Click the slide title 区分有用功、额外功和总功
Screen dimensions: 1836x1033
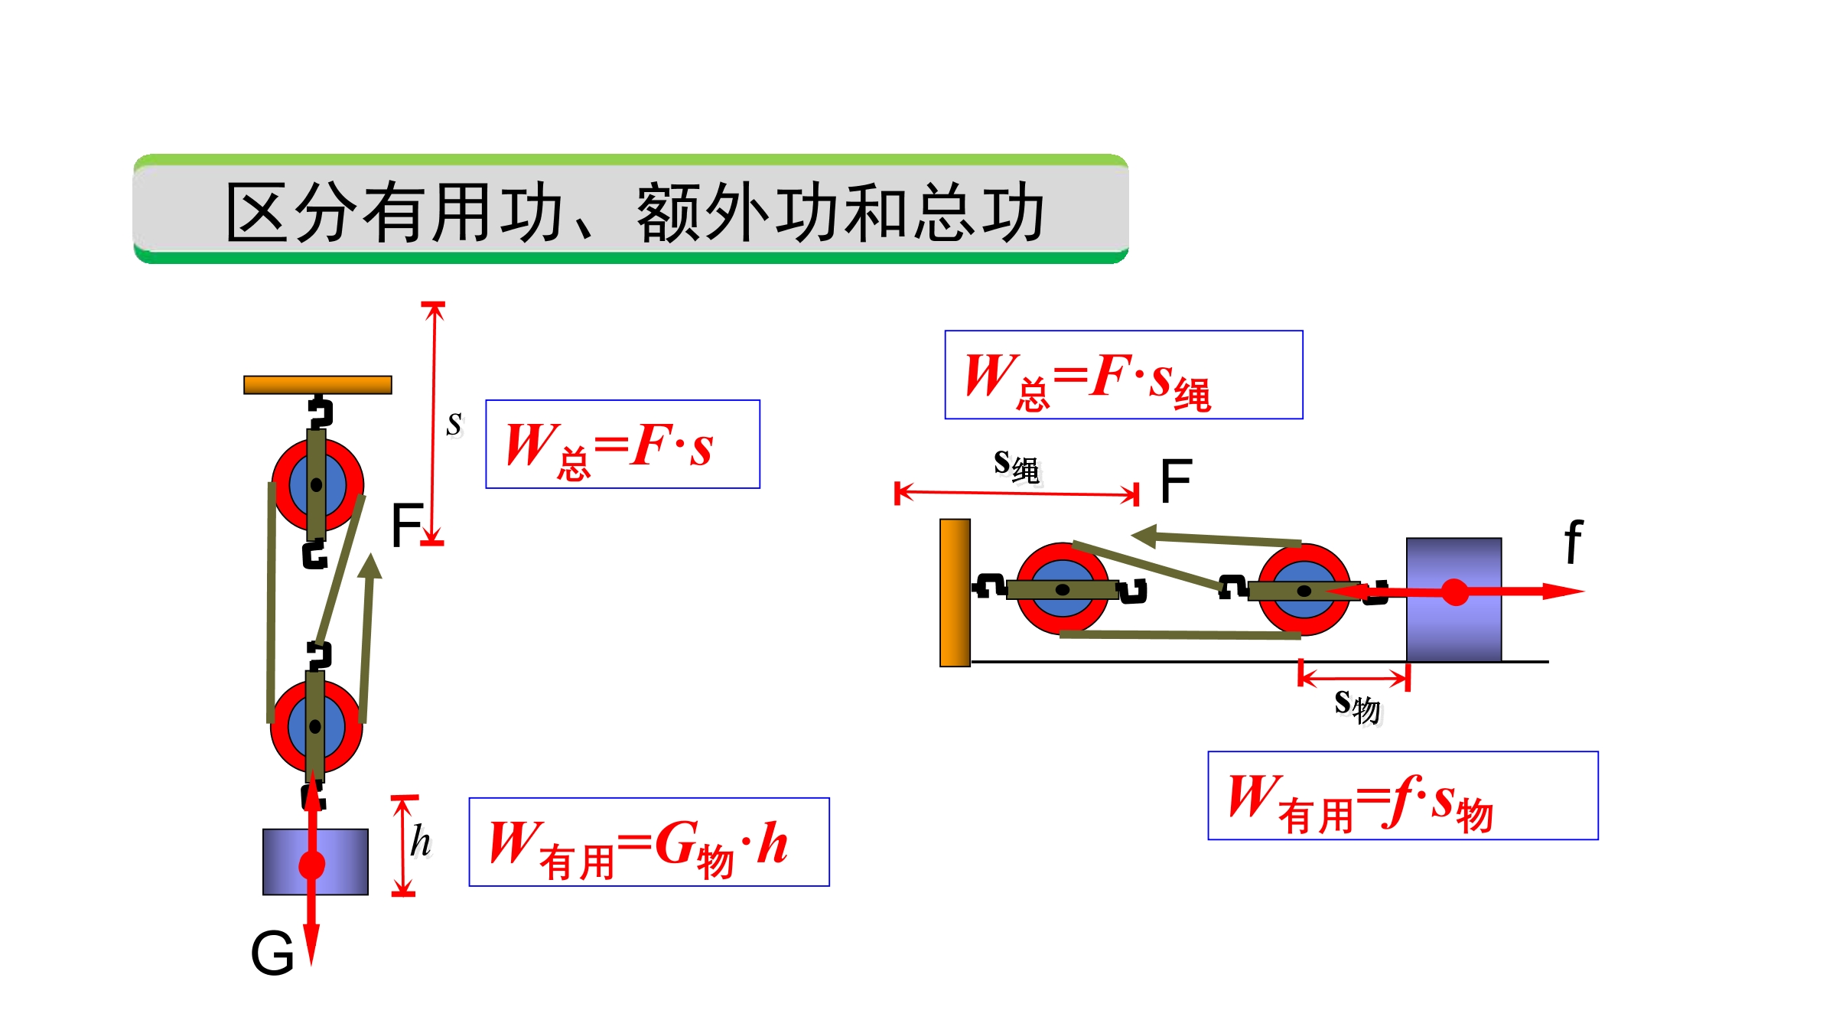pos(635,212)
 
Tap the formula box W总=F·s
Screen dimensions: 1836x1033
pos(623,444)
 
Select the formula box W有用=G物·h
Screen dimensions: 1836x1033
pos(649,842)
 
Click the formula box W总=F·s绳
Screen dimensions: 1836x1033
pos(1124,375)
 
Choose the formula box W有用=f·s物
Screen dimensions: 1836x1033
pos(1403,796)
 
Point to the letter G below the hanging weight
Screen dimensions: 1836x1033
pos(272,953)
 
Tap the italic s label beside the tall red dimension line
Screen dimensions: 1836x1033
pos(454,423)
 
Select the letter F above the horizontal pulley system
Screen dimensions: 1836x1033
pos(1176,481)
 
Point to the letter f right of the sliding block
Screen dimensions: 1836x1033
pos(1573,541)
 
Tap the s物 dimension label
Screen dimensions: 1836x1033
pos(1358,706)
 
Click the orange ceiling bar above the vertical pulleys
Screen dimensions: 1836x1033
pos(317,385)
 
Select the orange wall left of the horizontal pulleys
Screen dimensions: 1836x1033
pos(955,593)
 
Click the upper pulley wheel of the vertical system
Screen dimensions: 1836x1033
pos(317,485)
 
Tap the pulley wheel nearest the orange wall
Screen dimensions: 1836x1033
pos(1063,589)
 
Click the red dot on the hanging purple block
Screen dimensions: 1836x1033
pos(311,865)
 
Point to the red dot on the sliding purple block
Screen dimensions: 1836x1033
pos(1455,592)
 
